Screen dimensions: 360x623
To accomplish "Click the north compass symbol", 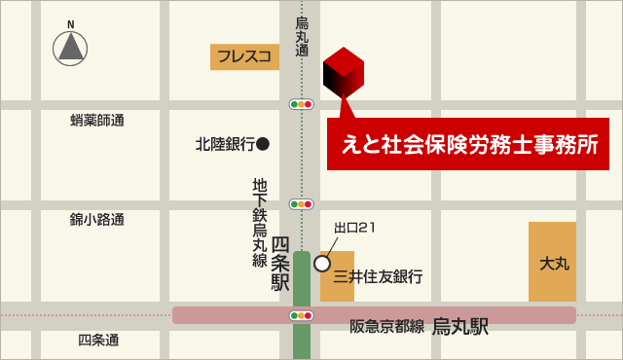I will tap(70, 46).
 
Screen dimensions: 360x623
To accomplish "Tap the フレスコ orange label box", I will tap(244, 56).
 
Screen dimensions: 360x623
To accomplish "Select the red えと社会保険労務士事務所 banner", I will tap(467, 144).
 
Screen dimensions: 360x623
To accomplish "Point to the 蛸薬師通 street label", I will tap(97, 121).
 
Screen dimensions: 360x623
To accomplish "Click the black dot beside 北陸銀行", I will tap(263, 144).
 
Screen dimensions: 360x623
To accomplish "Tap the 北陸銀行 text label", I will tap(225, 144).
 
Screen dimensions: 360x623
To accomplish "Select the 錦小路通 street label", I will tap(97, 220).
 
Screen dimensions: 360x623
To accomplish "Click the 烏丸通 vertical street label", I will tap(302, 37).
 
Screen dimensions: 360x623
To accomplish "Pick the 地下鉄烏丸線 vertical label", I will tap(260, 222).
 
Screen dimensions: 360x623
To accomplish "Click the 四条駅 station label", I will tap(280, 264).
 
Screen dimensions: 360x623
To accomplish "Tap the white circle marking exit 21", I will tap(322, 263).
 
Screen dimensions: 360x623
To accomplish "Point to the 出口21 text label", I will tap(354, 228).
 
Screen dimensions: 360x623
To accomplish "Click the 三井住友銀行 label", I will tap(378, 277).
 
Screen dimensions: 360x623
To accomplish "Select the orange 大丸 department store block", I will tap(553, 262).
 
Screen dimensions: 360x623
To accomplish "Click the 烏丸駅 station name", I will tap(460, 327).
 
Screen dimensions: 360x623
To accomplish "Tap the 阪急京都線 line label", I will tap(387, 327).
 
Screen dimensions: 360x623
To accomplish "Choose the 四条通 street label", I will tap(98, 340).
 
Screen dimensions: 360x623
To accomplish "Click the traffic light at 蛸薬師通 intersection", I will tap(302, 104).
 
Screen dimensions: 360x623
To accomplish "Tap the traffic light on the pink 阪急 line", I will tap(302, 315).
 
